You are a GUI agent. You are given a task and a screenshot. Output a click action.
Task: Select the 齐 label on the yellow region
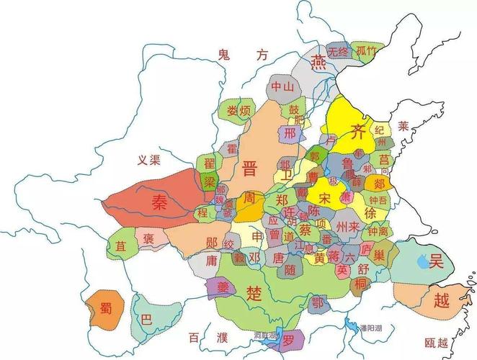(358, 131)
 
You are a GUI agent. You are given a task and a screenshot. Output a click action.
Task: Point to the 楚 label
(254, 293)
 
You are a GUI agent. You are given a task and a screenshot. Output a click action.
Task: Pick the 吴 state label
(436, 261)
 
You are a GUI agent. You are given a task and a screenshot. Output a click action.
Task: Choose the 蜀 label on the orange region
(106, 310)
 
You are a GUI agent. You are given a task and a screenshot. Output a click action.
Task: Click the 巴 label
(146, 319)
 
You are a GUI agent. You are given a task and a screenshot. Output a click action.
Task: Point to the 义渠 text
(148, 160)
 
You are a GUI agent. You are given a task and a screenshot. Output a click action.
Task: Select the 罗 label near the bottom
(288, 339)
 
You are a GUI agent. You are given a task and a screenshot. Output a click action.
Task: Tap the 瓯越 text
(437, 343)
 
